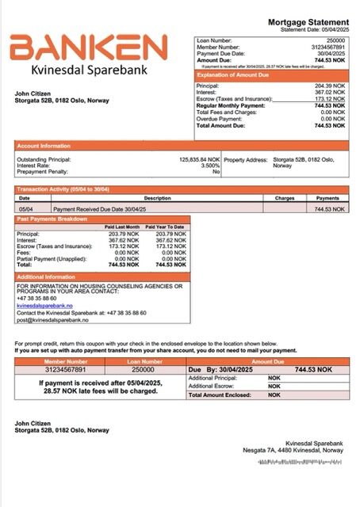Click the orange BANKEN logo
click(x=88, y=48)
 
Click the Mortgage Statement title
click(x=308, y=21)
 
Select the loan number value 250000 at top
click(x=335, y=39)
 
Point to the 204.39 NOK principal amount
click(x=331, y=85)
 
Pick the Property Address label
click(x=245, y=159)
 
